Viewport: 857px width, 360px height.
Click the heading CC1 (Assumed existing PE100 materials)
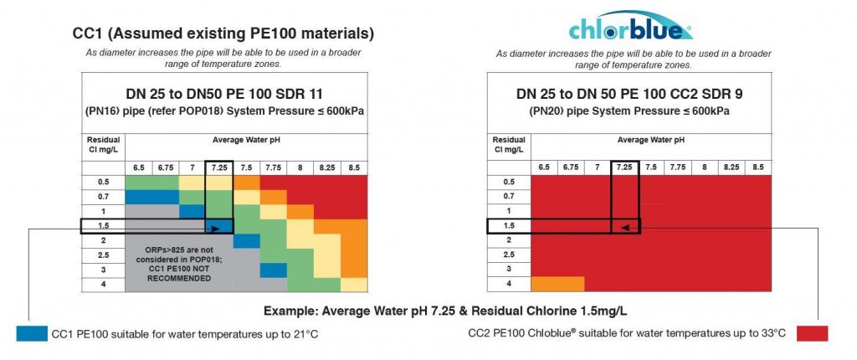(223, 34)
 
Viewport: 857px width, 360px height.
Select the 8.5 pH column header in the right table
(758, 167)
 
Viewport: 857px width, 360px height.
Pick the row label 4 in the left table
(103, 284)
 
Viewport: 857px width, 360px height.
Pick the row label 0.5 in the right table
(509, 182)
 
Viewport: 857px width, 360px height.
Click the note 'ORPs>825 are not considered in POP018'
(178, 263)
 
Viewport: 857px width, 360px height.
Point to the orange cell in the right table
(557, 284)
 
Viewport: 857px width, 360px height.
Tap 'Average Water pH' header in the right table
(650, 140)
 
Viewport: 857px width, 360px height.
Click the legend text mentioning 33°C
(627, 334)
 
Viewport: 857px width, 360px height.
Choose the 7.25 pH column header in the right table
(624, 167)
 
